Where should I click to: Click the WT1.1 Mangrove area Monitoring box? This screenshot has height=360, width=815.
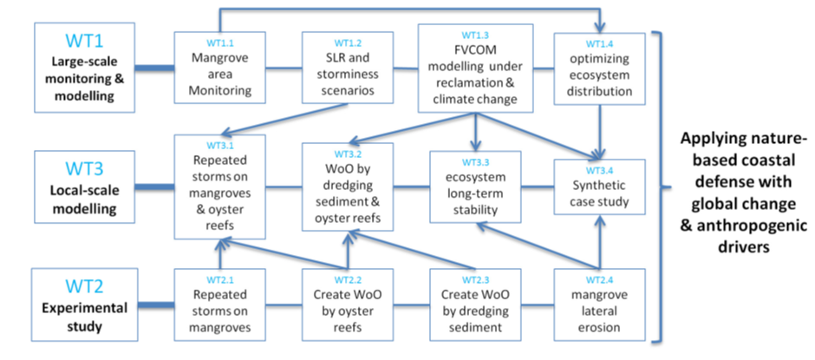[x=220, y=69]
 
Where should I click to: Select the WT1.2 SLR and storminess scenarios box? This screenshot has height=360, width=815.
[x=348, y=69]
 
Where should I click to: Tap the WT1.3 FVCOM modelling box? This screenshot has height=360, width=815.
[x=476, y=68]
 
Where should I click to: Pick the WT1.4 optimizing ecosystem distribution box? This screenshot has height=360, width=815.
[x=599, y=69]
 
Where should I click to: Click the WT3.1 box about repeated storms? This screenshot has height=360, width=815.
[x=220, y=187]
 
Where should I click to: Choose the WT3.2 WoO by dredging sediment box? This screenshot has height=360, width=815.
[x=348, y=187]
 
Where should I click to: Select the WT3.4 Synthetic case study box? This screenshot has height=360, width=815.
[x=599, y=187]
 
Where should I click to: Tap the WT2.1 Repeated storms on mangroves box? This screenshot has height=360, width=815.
[x=220, y=304]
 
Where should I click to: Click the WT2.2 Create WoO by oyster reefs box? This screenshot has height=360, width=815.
[x=348, y=304]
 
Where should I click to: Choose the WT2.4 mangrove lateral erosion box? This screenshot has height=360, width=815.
[x=599, y=304]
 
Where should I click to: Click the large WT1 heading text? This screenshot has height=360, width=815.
[x=85, y=41]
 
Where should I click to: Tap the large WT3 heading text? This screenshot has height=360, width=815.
[x=85, y=169]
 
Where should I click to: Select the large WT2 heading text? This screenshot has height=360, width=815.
[x=85, y=286]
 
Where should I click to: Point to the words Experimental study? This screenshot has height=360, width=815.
[x=85, y=317]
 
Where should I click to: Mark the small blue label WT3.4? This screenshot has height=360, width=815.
[x=599, y=170]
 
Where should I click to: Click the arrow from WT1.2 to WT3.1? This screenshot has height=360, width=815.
[x=284, y=119]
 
